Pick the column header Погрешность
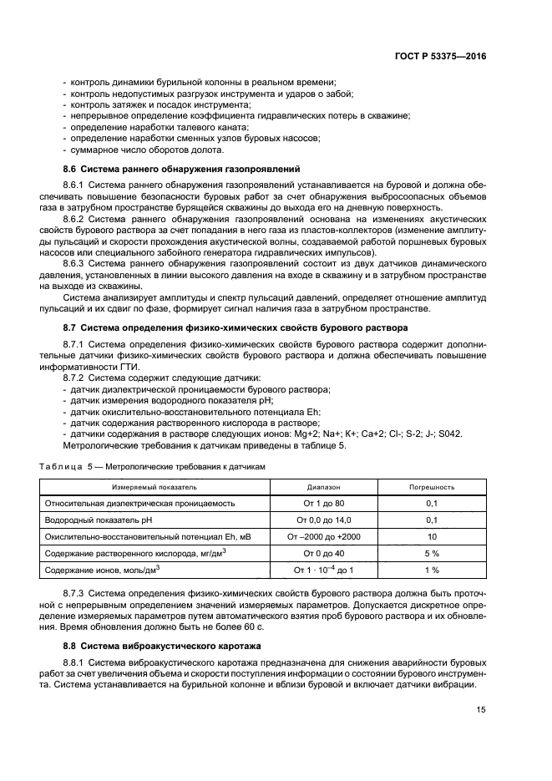pos(431,486)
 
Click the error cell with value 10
pos(431,536)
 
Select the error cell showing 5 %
pos(431,553)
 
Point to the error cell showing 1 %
pos(431,570)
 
